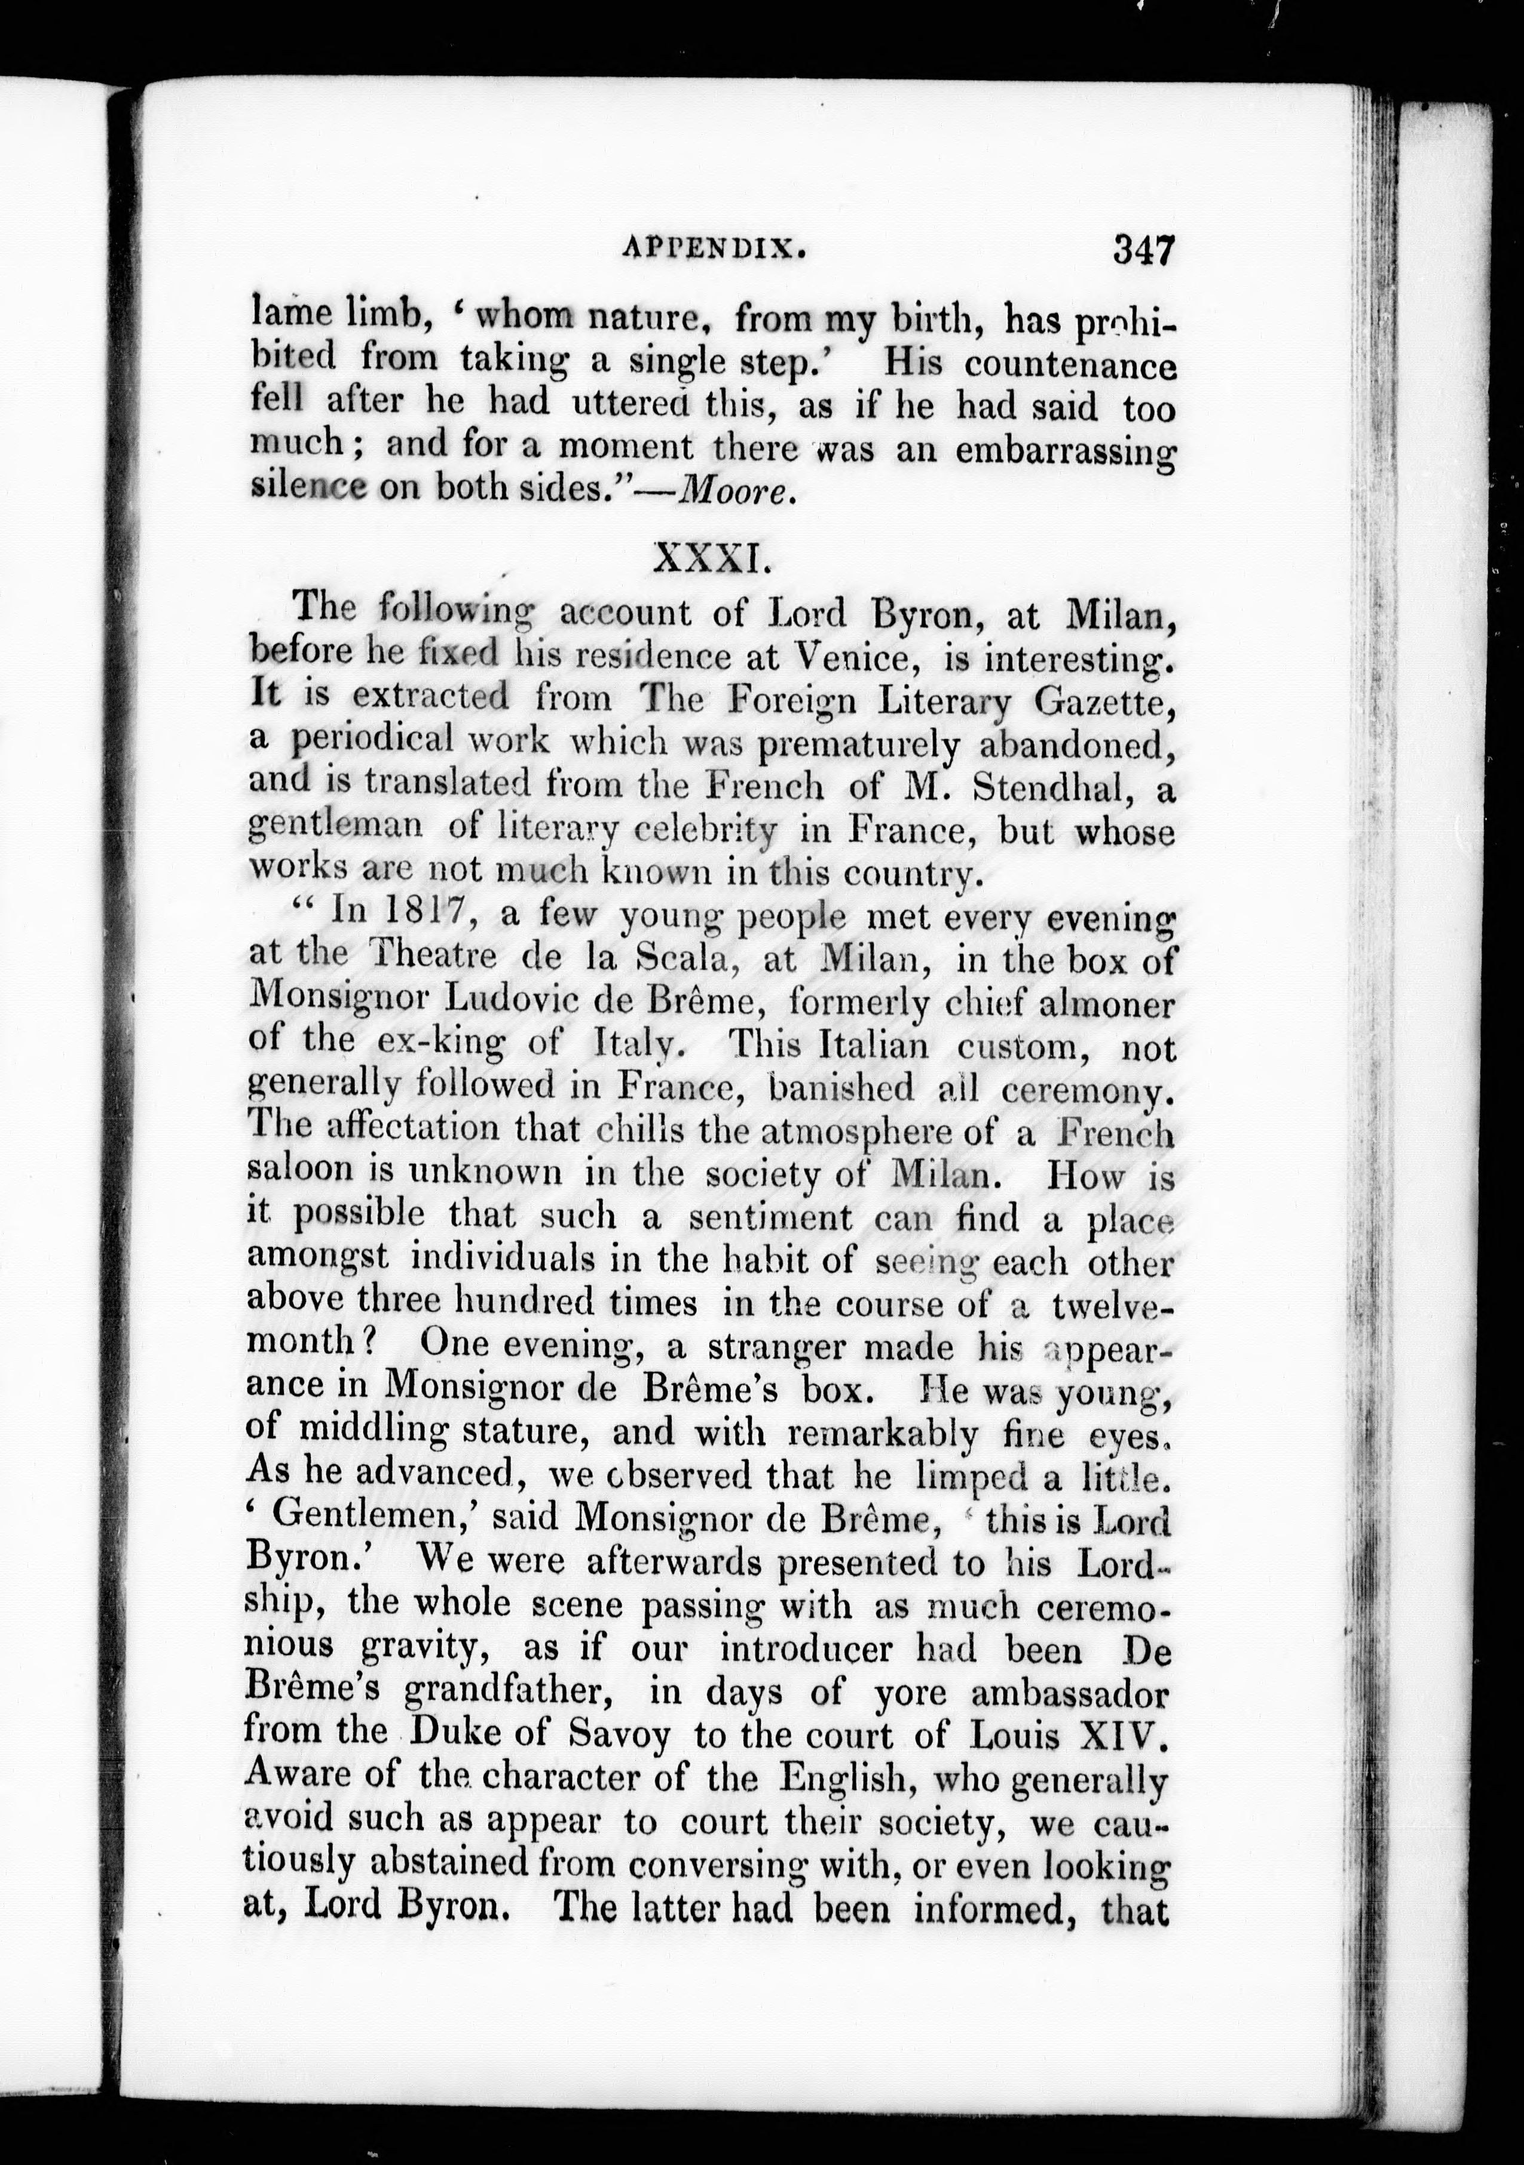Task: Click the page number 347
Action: click(1142, 253)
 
